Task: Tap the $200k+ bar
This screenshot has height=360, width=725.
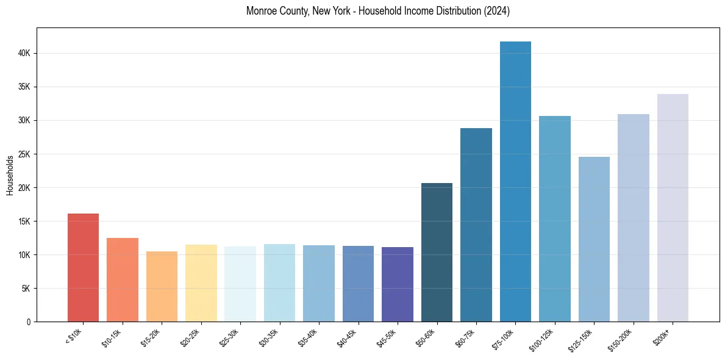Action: [673, 207]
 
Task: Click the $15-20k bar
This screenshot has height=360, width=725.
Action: [162, 286]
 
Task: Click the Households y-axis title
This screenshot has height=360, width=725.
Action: [10, 175]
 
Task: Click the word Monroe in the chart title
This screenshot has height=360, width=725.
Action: [260, 11]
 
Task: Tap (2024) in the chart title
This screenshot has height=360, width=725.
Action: [498, 11]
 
